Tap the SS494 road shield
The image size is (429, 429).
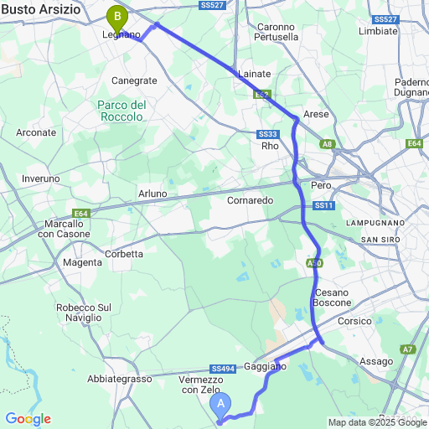[223, 368]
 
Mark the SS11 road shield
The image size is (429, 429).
[324, 205]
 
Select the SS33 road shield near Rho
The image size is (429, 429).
[268, 134]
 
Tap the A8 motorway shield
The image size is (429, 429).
[328, 144]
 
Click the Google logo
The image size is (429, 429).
[28, 419]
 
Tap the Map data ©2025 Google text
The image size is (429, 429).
[377, 422]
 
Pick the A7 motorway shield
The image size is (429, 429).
[407, 349]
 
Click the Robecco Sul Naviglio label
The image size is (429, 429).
[83, 313]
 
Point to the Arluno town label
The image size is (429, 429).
[152, 194]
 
